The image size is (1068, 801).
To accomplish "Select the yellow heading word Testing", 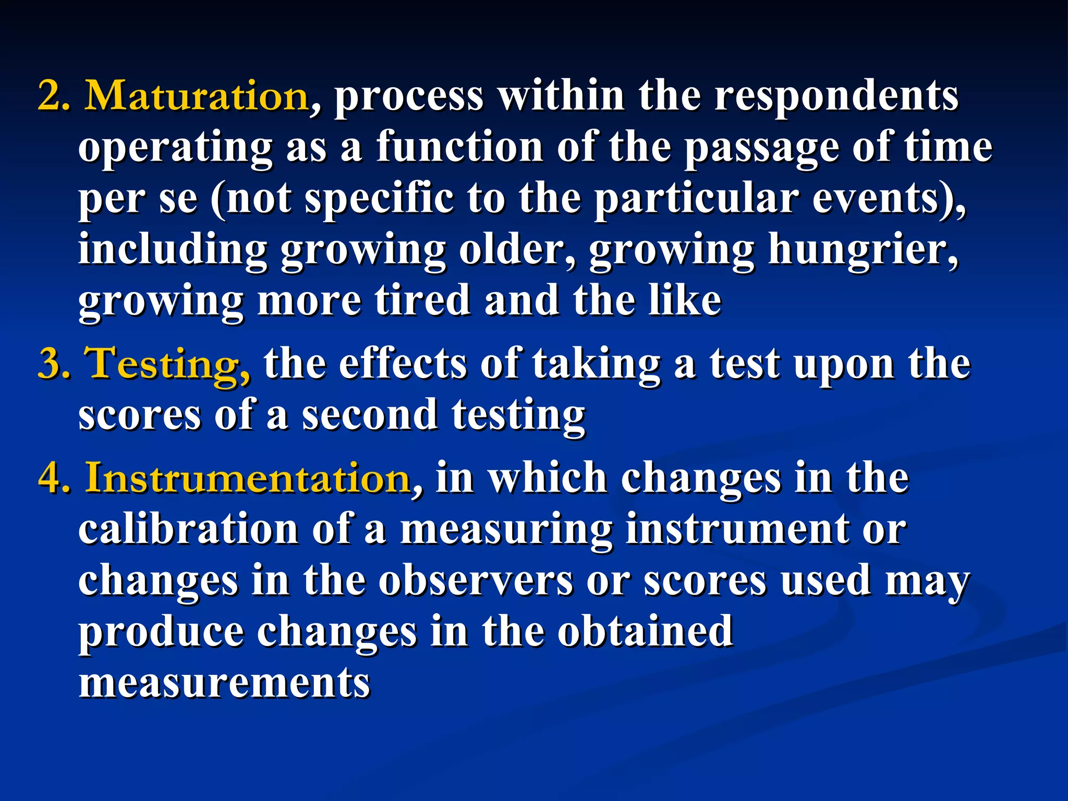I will coord(167,364).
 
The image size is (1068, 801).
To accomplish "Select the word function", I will coord(459,147).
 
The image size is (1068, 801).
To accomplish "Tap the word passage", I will coord(762,147).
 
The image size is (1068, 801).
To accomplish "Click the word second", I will coord(370,415).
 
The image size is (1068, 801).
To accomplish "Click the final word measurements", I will coord(224,682).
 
